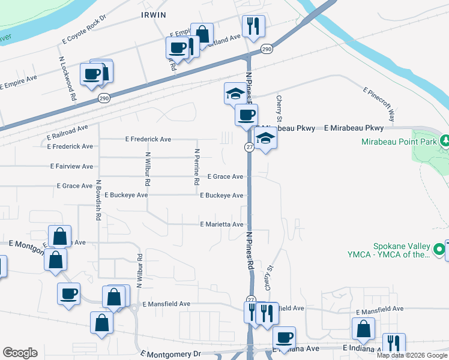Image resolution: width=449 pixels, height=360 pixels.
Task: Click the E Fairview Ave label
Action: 71,166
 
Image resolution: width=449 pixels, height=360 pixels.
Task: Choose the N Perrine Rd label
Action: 196,166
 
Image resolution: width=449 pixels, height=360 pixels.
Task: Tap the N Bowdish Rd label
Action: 97,200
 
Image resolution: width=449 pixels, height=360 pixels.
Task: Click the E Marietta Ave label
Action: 221,224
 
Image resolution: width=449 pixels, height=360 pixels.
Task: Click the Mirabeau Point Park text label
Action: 400,142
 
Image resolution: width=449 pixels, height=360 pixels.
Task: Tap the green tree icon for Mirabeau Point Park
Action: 445,141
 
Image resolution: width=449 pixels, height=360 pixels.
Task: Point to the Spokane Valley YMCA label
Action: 394,250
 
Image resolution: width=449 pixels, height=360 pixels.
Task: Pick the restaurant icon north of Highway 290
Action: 252,26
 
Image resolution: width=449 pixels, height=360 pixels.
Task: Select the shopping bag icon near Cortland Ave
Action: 202,34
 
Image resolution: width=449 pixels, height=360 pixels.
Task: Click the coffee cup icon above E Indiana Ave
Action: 284,337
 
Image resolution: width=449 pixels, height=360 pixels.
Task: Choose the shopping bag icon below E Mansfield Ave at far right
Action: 363,328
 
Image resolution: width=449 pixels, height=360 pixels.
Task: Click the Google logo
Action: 20,353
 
